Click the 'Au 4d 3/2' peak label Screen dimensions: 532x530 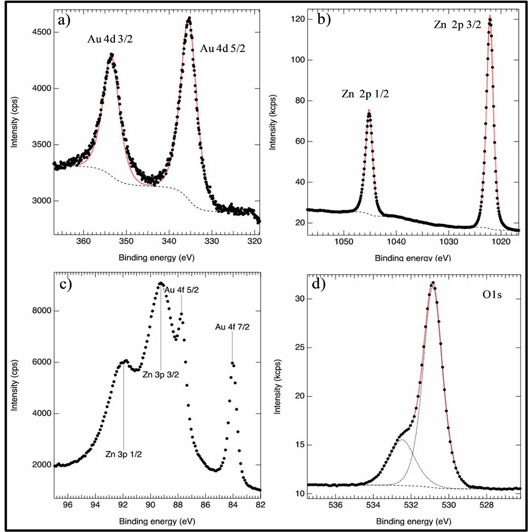[x=110, y=39]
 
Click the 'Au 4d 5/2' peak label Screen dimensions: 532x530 [x=223, y=49]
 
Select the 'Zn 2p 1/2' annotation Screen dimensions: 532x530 [x=365, y=94]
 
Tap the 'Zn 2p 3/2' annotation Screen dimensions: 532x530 [x=457, y=25]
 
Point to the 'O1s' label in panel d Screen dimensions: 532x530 [x=492, y=295]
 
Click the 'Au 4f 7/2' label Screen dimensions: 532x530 [x=232, y=327]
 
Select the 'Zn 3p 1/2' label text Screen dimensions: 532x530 [x=123, y=454]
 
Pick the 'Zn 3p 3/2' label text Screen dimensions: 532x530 [x=161, y=375]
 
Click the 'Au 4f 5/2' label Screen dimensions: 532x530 [x=182, y=290]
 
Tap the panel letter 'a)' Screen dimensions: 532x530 [x=64, y=21]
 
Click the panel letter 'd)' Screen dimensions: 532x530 [x=319, y=284]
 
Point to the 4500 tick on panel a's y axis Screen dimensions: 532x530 [x=42, y=32]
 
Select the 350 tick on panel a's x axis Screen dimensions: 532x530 [x=126, y=241]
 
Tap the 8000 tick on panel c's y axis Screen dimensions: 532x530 [x=42, y=311]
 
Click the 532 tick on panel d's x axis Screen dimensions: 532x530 [x=411, y=505]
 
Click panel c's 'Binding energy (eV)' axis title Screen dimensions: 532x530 [x=157, y=521]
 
